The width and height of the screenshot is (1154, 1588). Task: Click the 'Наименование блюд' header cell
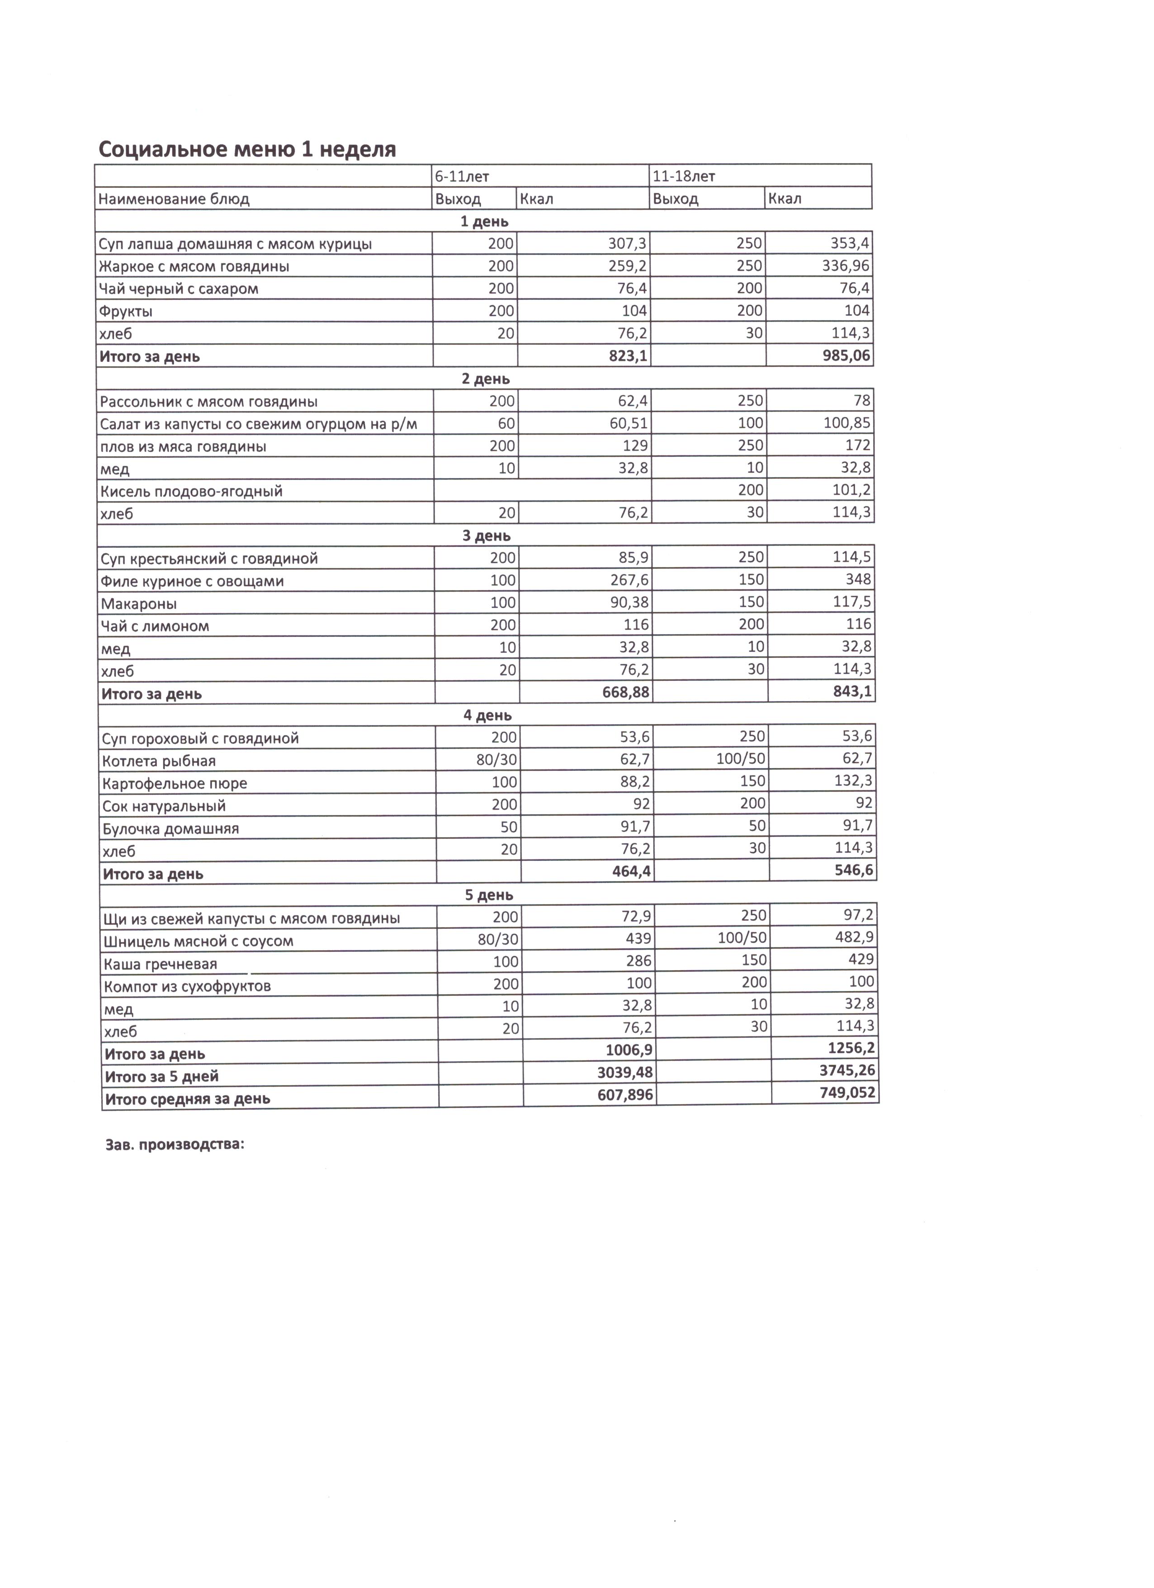[174, 199]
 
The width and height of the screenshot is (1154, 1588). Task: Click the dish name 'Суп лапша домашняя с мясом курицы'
[235, 244]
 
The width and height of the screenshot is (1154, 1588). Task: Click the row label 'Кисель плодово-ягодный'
[191, 491]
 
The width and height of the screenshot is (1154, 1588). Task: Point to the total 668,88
[626, 693]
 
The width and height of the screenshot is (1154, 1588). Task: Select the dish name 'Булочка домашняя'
[171, 829]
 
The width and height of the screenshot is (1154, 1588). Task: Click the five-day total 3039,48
[625, 1073]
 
